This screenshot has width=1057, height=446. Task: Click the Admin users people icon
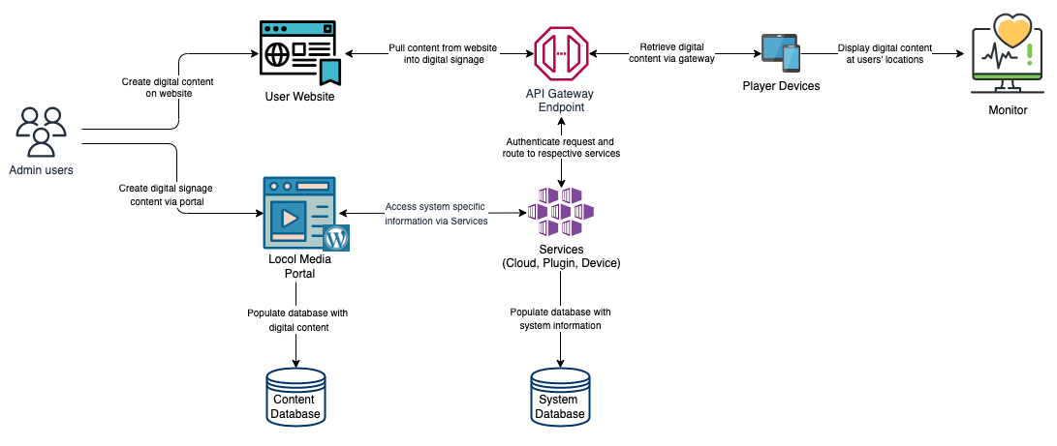(x=41, y=133)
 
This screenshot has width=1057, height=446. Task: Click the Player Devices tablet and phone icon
(x=781, y=52)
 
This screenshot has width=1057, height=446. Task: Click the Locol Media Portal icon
(x=298, y=213)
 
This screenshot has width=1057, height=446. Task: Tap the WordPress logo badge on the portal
(x=337, y=238)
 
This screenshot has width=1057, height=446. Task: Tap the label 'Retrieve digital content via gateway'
(x=671, y=52)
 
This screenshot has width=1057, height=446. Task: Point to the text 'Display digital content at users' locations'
(x=885, y=52)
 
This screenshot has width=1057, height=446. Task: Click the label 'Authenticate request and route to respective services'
(x=562, y=147)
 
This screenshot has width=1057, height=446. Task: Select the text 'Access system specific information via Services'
(x=435, y=213)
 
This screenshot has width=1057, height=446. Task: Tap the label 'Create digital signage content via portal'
(x=163, y=194)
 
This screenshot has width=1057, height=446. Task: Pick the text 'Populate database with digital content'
(x=296, y=320)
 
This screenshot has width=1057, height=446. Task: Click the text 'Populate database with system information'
(x=560, y=318)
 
